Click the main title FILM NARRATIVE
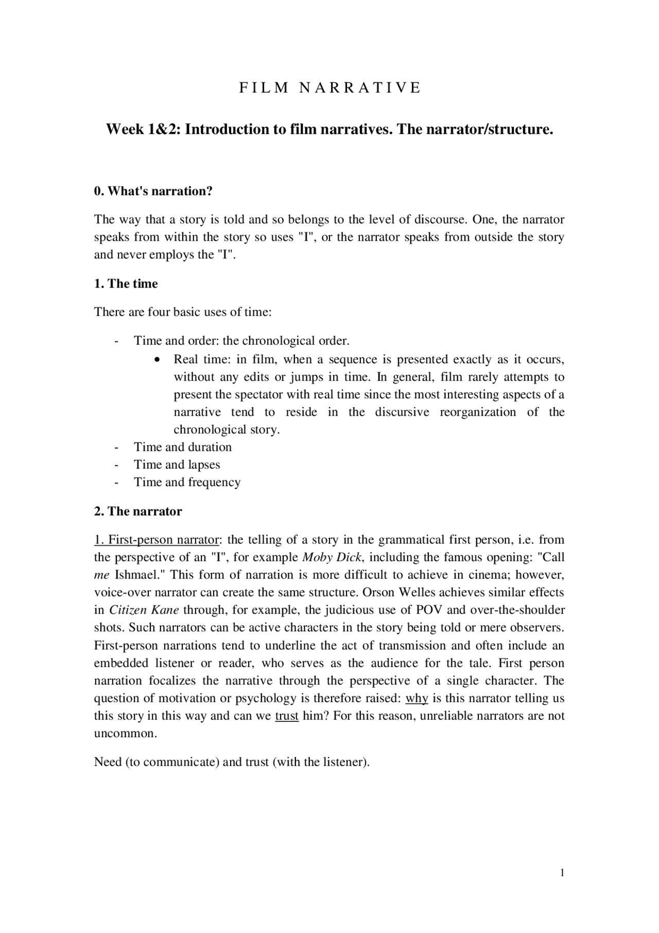tap(329, 88)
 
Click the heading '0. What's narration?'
tap(153, 191)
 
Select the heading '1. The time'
tap(126, 284)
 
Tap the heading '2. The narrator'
tap(137, 512)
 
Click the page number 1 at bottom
tap(562, 873)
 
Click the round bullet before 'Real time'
tap(159, 360)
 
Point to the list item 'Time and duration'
tap(182, 447)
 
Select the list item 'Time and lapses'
tap(177, 465)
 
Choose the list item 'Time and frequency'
tap(187, 482)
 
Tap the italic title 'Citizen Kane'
tap(144, 610)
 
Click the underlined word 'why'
tap(417, 699)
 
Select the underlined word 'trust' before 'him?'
tap(287, 716)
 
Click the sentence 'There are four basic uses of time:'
tap(183, 312)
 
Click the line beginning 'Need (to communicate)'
tap(232, 762)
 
